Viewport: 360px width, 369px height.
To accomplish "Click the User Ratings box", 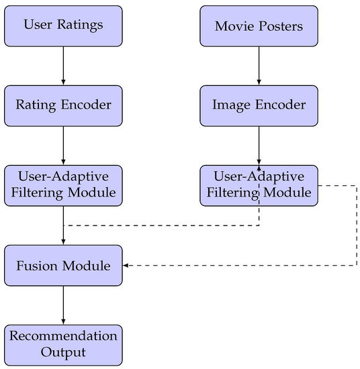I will click(63, 25).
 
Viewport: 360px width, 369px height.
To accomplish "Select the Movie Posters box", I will click(259, 25).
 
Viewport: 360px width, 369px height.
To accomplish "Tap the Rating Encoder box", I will click(63, 105).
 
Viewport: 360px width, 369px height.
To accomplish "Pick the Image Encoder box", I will click(259, 105).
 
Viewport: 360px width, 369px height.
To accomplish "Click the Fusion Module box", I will click(63, 266).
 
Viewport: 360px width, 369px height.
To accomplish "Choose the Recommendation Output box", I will click(63, 344).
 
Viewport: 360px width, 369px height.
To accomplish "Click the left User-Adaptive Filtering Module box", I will click(63, 185).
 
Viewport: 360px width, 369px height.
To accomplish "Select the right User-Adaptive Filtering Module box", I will click(259, 185).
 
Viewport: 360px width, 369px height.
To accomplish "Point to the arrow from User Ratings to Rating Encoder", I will click(63, 65).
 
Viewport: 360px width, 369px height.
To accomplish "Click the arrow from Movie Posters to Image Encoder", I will click(259, 65).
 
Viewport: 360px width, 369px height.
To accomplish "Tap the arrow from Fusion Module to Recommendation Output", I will click(63, 305).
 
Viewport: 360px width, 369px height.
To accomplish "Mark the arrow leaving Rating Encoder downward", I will click(63, 145).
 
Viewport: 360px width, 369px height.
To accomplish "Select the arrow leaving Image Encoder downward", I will click(259, 145).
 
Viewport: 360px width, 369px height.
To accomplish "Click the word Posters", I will click(281, 26).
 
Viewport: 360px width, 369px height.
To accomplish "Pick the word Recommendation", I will click(63, 336).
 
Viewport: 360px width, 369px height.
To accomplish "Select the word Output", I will click(63, 352).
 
